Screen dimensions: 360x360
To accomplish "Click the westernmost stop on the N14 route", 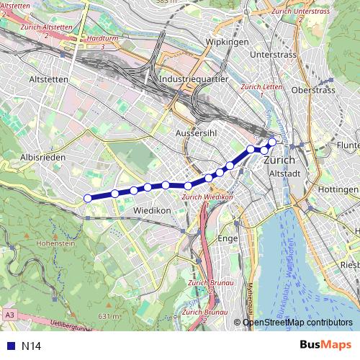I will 88,199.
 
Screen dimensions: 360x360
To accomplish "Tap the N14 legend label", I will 32,346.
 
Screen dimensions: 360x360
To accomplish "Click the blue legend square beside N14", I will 10,346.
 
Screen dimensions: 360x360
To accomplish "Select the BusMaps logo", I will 325,345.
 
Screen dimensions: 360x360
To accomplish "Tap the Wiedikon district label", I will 152,210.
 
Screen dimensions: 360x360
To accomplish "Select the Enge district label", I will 227,238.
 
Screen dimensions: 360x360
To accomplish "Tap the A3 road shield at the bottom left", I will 9,315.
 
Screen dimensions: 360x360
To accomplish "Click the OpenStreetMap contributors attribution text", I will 298,323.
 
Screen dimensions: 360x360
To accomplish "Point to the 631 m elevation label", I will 109,316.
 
